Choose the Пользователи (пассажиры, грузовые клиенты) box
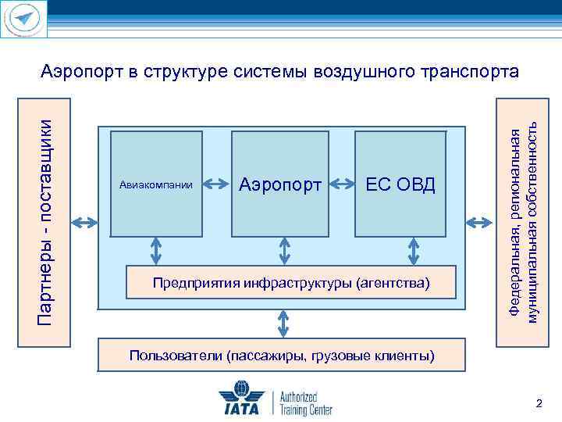click(x=282, y=356)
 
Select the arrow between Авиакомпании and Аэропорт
click(x=216, y=185)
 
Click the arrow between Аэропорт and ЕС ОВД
click(x=340, y=185)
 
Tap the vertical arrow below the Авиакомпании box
click(x=156, y=251)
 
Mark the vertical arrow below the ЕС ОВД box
click(x=413, y=251)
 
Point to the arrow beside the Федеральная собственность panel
click(x=479, y=222)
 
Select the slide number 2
click(x=537, y=403)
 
